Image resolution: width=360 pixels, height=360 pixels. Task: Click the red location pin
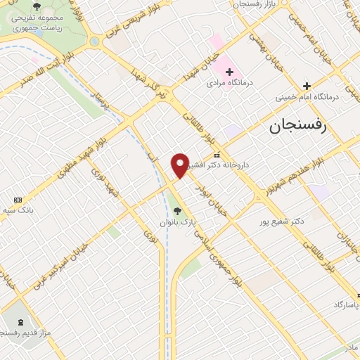coord(180,165)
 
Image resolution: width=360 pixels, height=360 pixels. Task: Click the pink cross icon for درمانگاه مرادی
coord(229,72)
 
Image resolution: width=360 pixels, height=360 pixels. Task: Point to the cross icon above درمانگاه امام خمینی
coord(307,86)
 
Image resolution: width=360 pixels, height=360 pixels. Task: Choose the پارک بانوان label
coord(176,221)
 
